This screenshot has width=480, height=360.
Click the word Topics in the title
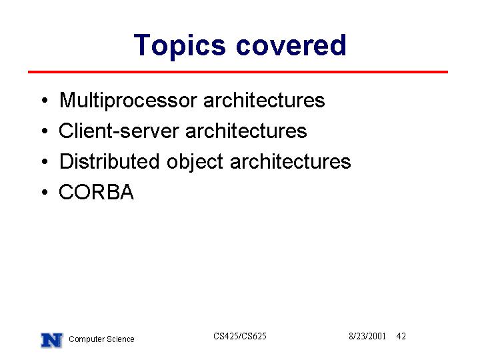(x=180, y=46)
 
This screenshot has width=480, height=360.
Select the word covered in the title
(x=291, y=45)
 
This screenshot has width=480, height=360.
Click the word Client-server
(x=119, y=131)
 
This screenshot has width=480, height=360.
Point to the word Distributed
(x=109, y=161)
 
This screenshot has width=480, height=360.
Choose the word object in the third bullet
(x=195, y=163)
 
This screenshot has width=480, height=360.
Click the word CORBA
(x=97, y=192)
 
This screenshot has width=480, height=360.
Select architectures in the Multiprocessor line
(x=264, y=100)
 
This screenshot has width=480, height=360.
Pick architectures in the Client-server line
(x=246, y=131)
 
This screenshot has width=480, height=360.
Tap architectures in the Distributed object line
(x=290, y=161)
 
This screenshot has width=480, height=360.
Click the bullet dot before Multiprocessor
(x=45, y=101)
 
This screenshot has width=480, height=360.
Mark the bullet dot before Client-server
(x=45, y=131)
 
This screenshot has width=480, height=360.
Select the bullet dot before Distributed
(x=45, y=161)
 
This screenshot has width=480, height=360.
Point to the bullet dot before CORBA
(x=45, y=192)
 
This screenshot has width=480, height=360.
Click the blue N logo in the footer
(x=52, y=340)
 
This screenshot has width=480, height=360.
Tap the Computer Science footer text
(x=101, y=339)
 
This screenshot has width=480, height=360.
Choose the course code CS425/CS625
(x=240, y=336)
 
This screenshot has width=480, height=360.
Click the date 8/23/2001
(x=367, y=336)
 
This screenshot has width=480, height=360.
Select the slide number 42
(x=401, y=336)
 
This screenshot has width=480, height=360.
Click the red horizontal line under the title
(x=238, y=72)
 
